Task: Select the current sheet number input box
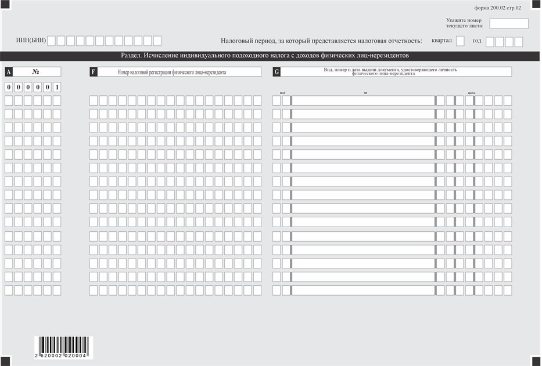(x=509, y=24)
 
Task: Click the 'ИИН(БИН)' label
(x=31, y=41)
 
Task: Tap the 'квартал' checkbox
(x=460, y=41)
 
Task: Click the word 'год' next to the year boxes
(x=477, y=41)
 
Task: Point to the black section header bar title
(x=264, y=56)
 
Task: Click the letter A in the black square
(x=8, y=72)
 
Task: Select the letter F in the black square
(x=94, y=72)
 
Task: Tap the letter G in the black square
(x=277, y=72)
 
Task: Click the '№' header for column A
(x=36, y=72)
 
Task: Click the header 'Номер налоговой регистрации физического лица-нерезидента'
(x=172, y=72)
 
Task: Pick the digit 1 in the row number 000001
(x=57, y=87)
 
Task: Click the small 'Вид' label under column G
(x=282, y=93)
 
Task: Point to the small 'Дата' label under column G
(x=471, y=93)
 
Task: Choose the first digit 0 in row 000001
(x=9, y=87)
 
